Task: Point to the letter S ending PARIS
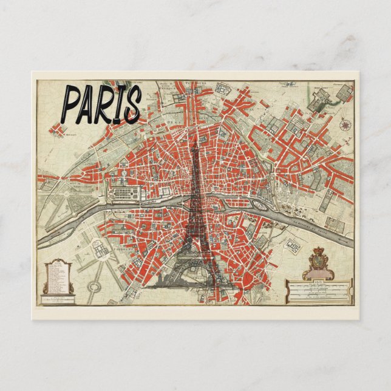[x=131, y=104]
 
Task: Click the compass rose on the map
[x=346, y=126]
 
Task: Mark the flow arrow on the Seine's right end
[x=348, y=240]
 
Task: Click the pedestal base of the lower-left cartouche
[x=58, y=298]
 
